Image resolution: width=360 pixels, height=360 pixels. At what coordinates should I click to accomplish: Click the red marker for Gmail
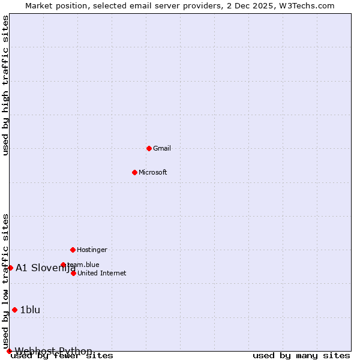149,148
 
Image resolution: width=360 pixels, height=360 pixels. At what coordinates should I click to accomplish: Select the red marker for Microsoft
134,172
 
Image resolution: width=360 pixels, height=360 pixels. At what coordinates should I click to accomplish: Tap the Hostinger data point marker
73,250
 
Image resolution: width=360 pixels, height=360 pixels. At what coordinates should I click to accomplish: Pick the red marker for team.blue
63,265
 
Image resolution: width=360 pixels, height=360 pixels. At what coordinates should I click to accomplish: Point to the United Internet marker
73,273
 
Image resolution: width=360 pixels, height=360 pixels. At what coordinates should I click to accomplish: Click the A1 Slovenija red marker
10,268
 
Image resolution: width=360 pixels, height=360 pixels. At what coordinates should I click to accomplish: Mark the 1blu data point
14,310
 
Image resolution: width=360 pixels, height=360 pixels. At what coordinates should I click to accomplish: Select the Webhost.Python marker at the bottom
9,351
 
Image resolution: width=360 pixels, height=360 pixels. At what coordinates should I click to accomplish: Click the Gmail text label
162,148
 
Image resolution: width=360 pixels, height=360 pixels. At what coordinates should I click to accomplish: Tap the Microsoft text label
153,172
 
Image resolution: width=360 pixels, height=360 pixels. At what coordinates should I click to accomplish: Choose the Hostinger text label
92,250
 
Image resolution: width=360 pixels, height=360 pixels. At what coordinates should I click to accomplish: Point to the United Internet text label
102,273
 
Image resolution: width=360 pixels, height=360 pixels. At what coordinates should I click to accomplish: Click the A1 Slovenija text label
45,268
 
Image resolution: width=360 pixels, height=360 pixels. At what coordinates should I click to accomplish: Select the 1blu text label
30,310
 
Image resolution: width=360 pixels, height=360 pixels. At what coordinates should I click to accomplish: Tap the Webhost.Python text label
53,351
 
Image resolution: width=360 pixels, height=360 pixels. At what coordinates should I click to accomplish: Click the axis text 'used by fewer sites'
62,356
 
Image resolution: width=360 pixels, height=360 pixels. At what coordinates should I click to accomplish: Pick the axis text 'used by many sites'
301,356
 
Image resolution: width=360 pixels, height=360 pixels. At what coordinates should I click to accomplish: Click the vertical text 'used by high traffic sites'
5,85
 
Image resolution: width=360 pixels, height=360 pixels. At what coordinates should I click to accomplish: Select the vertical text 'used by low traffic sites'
5,281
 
